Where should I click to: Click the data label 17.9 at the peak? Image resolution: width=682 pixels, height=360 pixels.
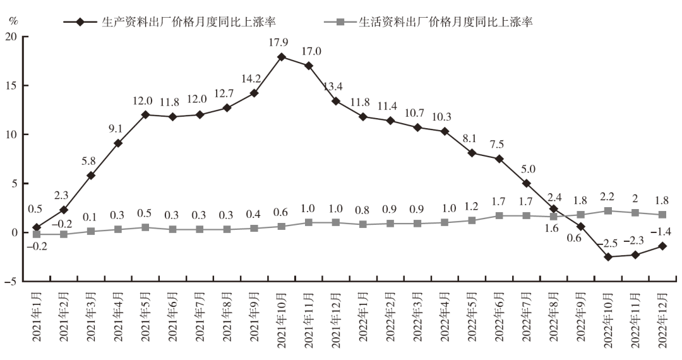[281, 42]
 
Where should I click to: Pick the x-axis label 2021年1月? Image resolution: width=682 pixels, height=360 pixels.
[36, 318]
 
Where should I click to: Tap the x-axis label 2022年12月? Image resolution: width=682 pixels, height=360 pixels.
[662, 318]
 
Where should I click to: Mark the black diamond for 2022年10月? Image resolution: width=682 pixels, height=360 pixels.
[608, 257]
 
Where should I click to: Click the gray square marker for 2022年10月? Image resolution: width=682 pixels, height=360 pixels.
[608, 211]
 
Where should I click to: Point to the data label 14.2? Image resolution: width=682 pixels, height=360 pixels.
[254, 79]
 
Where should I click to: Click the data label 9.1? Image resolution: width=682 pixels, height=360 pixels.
[118, 129]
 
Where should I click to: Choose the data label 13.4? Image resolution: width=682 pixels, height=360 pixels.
[336, 87]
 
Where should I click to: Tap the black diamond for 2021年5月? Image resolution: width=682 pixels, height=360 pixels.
[145, 115]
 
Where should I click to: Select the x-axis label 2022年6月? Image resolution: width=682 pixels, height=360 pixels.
[499, 318]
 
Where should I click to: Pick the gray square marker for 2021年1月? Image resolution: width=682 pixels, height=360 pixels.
[37, 234]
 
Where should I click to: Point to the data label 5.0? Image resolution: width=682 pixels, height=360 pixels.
[527, 169]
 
